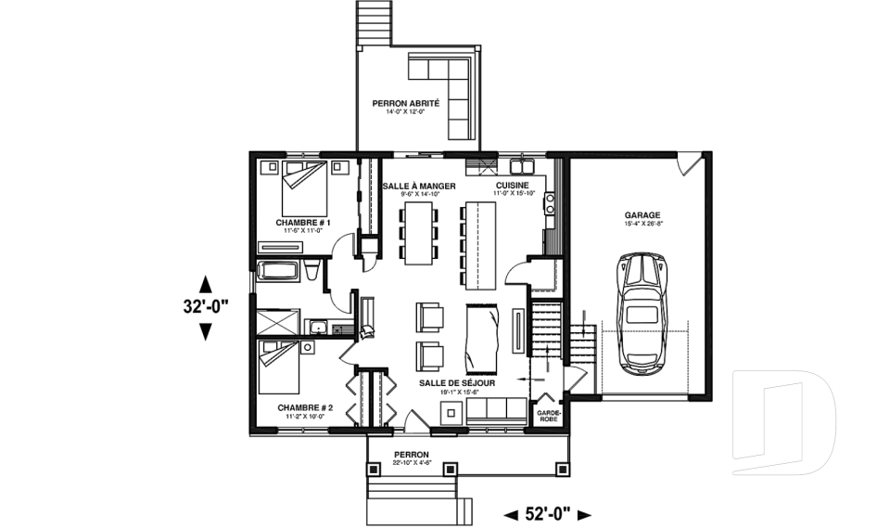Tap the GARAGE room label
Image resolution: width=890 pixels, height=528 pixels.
click(642, 214)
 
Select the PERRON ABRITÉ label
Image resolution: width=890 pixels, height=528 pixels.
click(405, 103)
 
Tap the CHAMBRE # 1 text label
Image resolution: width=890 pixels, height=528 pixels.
click(301, 223)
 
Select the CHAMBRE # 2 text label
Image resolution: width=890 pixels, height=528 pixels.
click(303, 407)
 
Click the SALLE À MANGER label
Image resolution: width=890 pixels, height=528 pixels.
click(419, 186)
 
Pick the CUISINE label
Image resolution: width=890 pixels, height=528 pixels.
click(513, 186)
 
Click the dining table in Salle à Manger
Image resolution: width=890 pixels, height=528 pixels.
click(419, 231)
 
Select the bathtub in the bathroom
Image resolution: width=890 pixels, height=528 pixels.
click(279, 272)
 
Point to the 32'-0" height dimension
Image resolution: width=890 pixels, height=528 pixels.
click(205, 307)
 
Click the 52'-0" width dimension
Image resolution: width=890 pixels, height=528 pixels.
click(548, 513)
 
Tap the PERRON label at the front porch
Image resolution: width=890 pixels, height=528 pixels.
click(411, 455)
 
